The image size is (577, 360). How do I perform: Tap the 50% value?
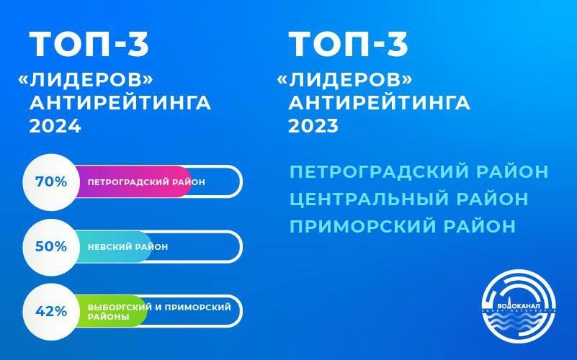51,246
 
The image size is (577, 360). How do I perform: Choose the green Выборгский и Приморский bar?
110,312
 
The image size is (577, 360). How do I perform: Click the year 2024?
55,126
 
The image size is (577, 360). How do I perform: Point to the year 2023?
313,126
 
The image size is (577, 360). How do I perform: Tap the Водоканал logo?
519,306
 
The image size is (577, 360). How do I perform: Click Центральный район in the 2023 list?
409,199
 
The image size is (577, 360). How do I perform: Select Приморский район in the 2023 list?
403,226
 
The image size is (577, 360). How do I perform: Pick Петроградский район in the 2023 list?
419,172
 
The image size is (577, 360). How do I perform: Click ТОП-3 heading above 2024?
89,44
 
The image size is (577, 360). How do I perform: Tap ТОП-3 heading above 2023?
349,44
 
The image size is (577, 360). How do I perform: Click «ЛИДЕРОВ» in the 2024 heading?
86,79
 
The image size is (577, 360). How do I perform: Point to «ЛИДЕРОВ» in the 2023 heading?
344,79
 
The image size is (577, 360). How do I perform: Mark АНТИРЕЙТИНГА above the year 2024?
120,102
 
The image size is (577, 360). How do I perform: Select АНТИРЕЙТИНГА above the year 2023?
380,102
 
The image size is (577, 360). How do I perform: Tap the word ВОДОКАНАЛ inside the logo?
519,306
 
